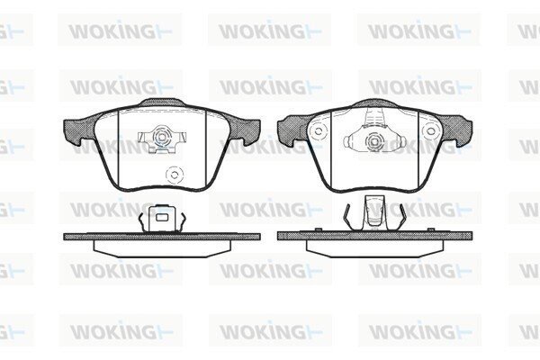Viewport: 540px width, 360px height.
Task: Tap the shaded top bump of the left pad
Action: tap(162, 103)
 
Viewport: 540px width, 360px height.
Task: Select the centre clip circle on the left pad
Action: tap(161, 137)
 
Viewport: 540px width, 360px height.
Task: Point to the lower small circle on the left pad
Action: tap(174, 175)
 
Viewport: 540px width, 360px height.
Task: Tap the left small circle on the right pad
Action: tap(319, 130)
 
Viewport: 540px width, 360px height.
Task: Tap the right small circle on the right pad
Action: tap(430, 130)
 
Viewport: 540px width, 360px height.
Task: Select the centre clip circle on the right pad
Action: tap(374, 141)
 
